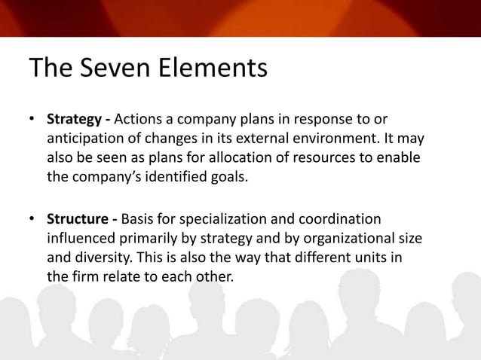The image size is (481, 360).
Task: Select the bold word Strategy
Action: (74, 120)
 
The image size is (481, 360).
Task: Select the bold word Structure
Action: (76, 219)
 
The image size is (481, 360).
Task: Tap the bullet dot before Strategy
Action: (32, 121)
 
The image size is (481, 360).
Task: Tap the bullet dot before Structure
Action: (32, 220)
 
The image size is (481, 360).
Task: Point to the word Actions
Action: (142, 120)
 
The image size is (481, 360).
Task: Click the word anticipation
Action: (85, 139)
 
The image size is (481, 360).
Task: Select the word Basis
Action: (138, 219)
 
